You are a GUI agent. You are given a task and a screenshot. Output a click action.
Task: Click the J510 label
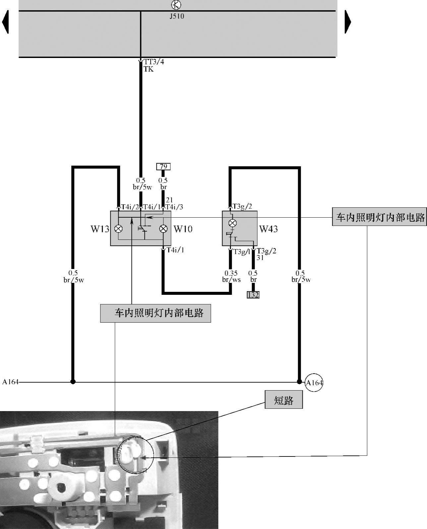(x=177, y=16)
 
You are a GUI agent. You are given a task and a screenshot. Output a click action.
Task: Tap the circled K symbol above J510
(x=176, y=5)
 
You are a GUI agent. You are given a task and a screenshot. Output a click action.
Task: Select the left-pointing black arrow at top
(x=5, y=22)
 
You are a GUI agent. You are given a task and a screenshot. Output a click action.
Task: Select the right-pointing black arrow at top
(x=348, y=22)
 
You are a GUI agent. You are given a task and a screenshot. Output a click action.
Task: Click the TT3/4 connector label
(x=153, y=62)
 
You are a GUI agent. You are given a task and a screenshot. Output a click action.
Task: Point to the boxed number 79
(x=163, y=166)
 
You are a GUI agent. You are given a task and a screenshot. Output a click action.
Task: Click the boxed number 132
(x=253, y=294)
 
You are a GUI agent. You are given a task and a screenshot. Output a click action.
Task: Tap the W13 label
(x=100, y=229)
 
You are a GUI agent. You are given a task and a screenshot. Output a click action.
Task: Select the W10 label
(x=183, y=229)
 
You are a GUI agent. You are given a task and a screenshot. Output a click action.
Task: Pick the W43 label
(x=268, y=229)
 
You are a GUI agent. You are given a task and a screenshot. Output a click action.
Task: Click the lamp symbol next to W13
(x=118, y=229)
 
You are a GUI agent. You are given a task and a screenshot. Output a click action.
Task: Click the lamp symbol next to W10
(x=163, y=229)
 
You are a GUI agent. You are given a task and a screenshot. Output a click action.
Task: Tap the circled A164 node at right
(x=314, y=383)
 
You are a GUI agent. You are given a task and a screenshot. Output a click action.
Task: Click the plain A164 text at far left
(x=10, y=382)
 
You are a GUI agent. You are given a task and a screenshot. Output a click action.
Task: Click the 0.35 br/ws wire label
(x=231, y=277)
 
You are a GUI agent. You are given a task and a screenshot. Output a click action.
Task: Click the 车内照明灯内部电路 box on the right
(x=380, y=217)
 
